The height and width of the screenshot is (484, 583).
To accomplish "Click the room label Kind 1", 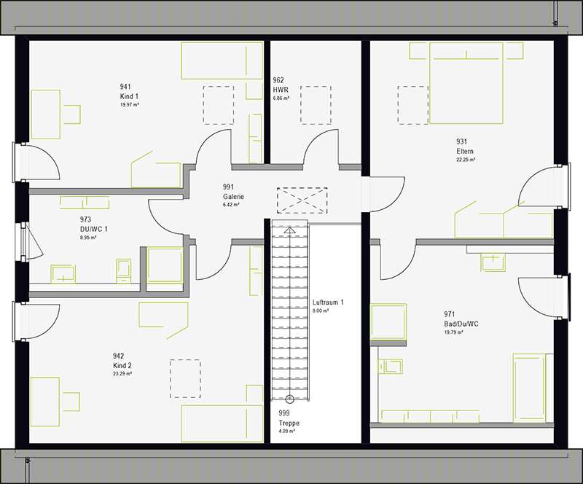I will click(129, 96).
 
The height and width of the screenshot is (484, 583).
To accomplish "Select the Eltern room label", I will click(466, 151).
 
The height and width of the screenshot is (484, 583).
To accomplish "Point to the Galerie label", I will click(233, 197).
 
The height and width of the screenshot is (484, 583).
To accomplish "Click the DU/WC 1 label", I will click(94, 228).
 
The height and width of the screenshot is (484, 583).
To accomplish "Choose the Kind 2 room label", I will click(122, 364).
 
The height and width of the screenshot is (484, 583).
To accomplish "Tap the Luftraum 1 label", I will click(328, 302).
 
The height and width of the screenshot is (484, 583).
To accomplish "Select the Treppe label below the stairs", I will click(289, 423).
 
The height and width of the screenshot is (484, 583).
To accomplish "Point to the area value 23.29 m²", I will click(122, 373).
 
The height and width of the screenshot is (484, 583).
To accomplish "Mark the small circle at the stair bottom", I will click(290, 399).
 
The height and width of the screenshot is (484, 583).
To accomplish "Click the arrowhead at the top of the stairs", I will click(290, 230).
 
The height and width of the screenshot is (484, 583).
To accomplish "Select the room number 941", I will click(125, 87).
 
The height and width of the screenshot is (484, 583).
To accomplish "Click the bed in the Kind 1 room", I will click(222, 60).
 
